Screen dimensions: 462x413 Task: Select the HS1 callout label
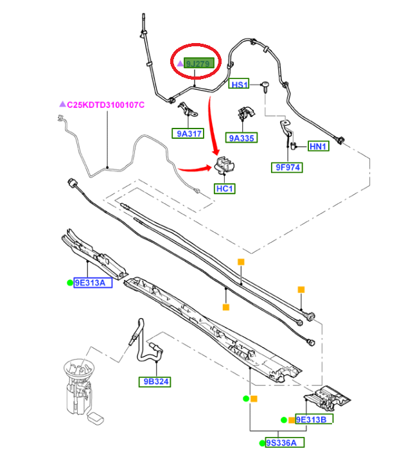239,85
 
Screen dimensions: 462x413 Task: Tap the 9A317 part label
187,134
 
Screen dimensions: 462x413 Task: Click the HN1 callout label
319,147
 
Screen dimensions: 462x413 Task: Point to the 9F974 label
286,167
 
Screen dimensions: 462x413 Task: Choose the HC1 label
225,189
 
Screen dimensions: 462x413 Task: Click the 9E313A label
93,282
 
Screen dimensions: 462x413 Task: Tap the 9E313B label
314,420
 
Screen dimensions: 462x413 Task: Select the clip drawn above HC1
224,166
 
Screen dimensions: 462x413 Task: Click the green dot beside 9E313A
68,282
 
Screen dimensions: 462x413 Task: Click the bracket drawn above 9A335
245,113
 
